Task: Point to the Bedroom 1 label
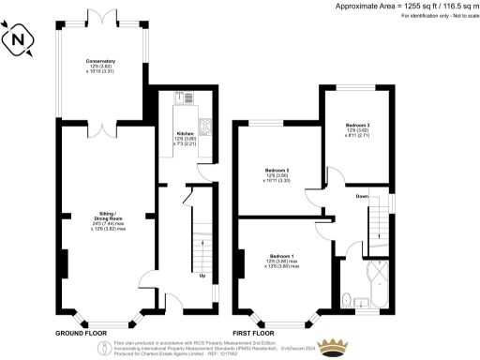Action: pyautogui.click(x=282, y=260)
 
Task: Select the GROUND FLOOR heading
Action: pyautogui.click(x=85, y=333)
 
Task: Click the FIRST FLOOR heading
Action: pyautogui.click(x=253, y=333)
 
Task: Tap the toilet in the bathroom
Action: pyautogui.click(x=347, y=299)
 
